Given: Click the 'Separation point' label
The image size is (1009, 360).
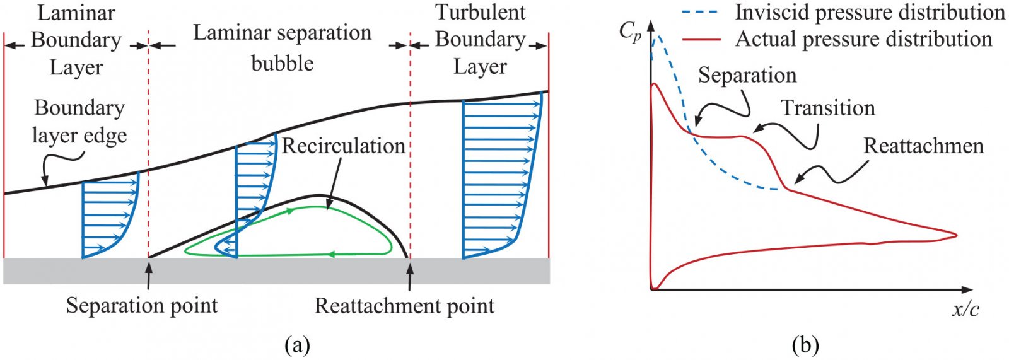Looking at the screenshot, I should [142, 306].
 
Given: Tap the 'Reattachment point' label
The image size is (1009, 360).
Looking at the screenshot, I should [404, 306].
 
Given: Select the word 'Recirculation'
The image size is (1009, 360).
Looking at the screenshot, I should [343, 146].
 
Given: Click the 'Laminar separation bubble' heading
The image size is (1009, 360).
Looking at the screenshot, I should [282, 48].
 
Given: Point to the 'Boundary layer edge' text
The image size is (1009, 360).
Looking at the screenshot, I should [79, 121].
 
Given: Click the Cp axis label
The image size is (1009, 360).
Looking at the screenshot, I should [630, 31].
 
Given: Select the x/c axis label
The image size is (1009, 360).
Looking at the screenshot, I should [965, 310].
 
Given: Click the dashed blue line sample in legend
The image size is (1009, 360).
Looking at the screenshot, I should [701, 12].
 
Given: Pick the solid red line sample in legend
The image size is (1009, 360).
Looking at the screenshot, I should [701, 39].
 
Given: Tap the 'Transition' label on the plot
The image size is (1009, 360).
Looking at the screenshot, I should [827, 108].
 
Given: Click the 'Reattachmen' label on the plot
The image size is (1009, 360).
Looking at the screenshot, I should [923, 146].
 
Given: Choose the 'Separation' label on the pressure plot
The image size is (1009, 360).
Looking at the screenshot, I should [747, 75].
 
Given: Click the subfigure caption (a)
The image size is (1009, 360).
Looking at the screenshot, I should [297, 345].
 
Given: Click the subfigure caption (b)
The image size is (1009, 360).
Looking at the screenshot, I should [805, 345].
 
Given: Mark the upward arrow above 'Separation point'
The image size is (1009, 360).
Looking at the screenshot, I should [149, 274].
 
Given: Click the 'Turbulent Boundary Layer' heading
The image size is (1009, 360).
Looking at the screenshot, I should [480, 39].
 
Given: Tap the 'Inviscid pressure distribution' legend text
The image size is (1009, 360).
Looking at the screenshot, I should [870, 12].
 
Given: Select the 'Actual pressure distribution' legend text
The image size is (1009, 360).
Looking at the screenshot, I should [863, 39].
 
